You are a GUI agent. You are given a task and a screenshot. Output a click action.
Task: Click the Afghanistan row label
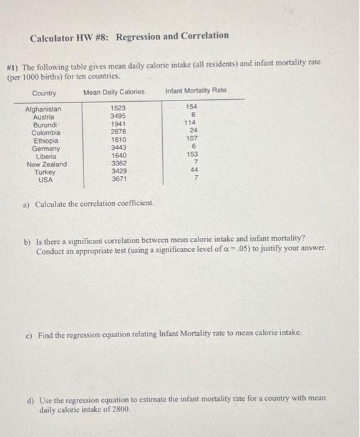43,109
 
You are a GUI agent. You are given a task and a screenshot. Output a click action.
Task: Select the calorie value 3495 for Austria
118,117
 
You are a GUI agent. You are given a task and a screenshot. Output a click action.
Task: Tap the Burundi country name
45,125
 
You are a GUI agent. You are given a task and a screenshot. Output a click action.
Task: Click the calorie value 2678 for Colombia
118,132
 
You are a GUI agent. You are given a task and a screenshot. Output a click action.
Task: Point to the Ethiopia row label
45,140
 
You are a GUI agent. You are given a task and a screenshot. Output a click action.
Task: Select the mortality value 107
192,139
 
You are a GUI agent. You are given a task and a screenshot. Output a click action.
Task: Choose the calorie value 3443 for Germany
119,148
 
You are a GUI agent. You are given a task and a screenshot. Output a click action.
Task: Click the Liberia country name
45,156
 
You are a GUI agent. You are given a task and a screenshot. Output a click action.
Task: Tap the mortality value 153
192,154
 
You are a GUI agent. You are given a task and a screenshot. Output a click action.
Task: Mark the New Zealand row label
47,164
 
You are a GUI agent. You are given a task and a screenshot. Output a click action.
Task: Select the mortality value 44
194,170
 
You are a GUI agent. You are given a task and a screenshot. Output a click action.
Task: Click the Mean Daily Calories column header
114,92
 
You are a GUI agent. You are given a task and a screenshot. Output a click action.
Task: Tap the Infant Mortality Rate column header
196,91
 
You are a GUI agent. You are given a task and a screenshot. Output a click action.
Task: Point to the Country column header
44,94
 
